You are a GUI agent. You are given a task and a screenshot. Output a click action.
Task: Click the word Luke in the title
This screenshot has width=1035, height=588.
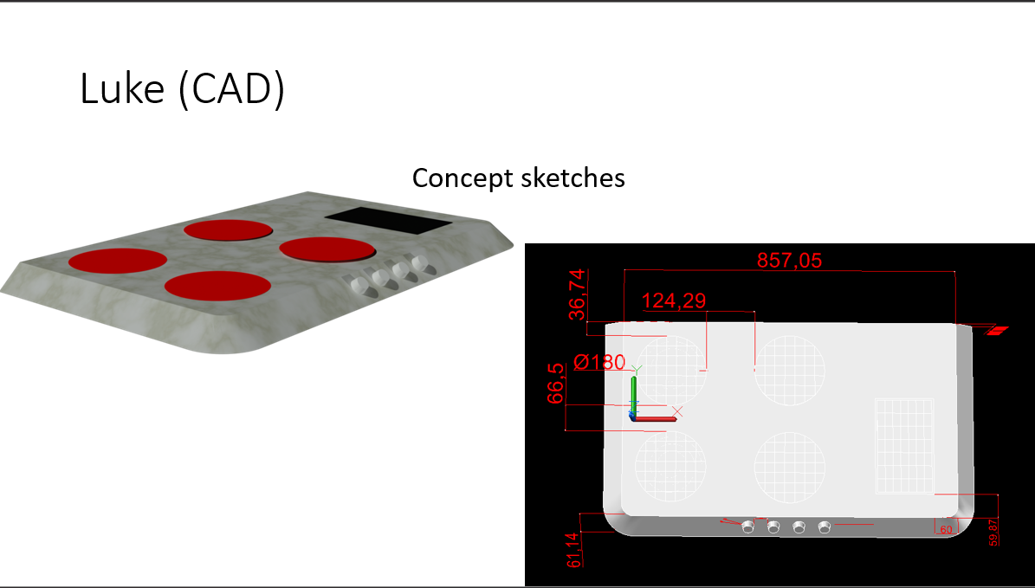(x=122, y=87)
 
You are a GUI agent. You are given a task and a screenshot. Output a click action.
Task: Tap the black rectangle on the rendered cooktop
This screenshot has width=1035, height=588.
(x=388, y=222)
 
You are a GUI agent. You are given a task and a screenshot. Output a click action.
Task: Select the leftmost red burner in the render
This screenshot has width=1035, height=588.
(x=118, y=260)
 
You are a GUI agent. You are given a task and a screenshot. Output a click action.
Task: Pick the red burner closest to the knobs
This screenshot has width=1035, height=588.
(x=327, y=249)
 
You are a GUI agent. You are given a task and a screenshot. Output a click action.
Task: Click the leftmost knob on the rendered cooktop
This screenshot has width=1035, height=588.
(x=360, y=286)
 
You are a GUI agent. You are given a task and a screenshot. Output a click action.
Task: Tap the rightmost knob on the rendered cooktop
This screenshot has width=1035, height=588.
(x=420, y=263)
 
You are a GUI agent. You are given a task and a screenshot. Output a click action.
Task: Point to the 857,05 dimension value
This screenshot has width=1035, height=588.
(x=789, y=261)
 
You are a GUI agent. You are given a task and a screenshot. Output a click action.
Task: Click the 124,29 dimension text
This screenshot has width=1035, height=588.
(x=674, y=301)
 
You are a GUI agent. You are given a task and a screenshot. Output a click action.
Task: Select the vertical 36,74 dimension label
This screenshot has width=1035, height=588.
(x=577, y=294)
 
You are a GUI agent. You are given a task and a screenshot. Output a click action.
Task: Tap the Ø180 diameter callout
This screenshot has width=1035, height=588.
(x=599, y=362)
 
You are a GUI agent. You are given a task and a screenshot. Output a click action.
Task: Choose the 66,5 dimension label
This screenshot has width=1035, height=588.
(x=556, y=384)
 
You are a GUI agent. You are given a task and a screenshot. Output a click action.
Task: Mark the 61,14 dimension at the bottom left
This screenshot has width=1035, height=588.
(x=574, y=550)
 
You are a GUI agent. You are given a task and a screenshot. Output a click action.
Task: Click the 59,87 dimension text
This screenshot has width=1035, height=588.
(x=993, y=532)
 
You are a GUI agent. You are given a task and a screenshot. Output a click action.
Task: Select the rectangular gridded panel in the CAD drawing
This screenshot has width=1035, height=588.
(x=904, y=445)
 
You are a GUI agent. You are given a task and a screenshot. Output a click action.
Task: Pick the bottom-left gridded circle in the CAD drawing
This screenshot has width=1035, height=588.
(x=670, y=465)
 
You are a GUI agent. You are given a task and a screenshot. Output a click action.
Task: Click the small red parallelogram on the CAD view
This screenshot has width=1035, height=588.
(x=998, y=331)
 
